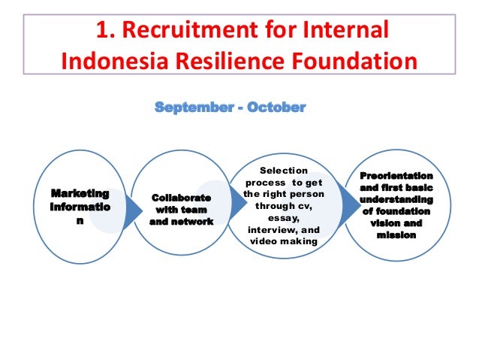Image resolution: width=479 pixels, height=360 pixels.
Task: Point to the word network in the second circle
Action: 194,222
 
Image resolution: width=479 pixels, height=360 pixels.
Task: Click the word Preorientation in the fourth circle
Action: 396,175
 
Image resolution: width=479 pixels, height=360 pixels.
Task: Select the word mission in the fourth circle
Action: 396,235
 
